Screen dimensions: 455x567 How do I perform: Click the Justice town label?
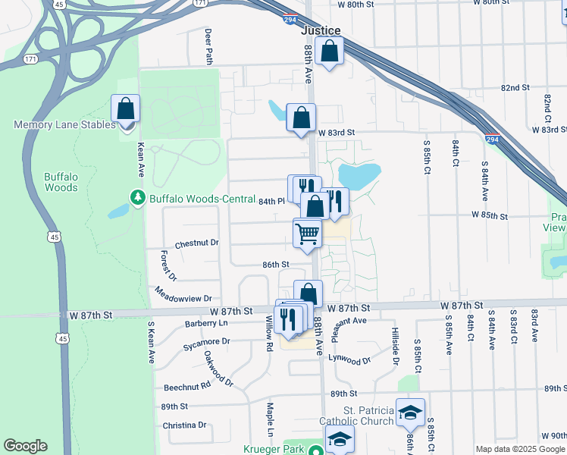point(321,30)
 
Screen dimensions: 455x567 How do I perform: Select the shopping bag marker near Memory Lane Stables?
point(125,108)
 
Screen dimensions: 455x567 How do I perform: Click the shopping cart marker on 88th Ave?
point(307,233)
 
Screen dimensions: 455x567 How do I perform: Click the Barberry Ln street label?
point(206,323)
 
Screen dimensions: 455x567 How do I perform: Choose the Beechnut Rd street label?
point(186,386)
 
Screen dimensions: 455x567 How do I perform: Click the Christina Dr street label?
point(184,425)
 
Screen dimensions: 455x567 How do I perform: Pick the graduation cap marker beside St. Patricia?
point(410,413)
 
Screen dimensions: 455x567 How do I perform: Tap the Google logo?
point(25,446)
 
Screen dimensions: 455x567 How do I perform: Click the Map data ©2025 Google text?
point(519,449)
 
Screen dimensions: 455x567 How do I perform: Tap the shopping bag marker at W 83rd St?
point(301,118)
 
